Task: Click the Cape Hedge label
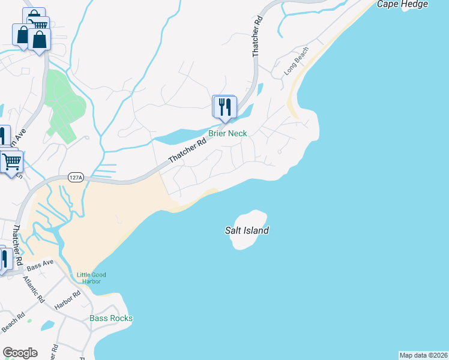click(402, 4)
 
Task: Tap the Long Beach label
click(297, 61)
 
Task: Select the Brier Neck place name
click(228, 133)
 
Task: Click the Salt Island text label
click(247, 230)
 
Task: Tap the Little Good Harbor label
click(89, 278)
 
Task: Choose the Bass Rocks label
click(111, 318)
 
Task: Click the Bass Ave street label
click(40, 263)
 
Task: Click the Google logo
click(20, 353)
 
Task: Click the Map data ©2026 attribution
click(423, 355)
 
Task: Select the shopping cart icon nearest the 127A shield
click(11, 161)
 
